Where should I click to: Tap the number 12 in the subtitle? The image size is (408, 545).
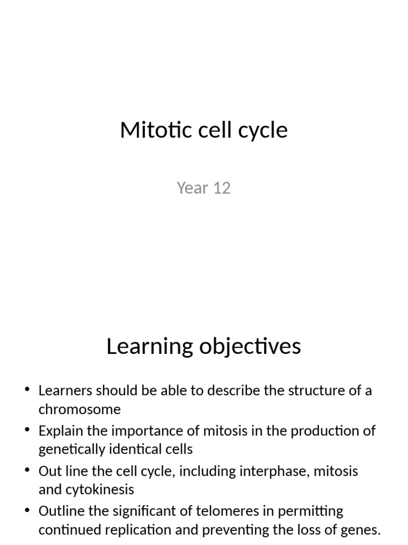pyautogui.click(x=221, y=188)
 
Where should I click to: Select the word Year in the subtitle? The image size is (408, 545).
pyautogui.click(x=192, y=188)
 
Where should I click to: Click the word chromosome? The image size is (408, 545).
pyautogui.click(x=80, y=409)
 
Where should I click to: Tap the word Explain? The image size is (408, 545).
pyautogui.click(x=58, y=431)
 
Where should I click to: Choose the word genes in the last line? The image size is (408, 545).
pyautogui.click(x=363, y=530)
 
